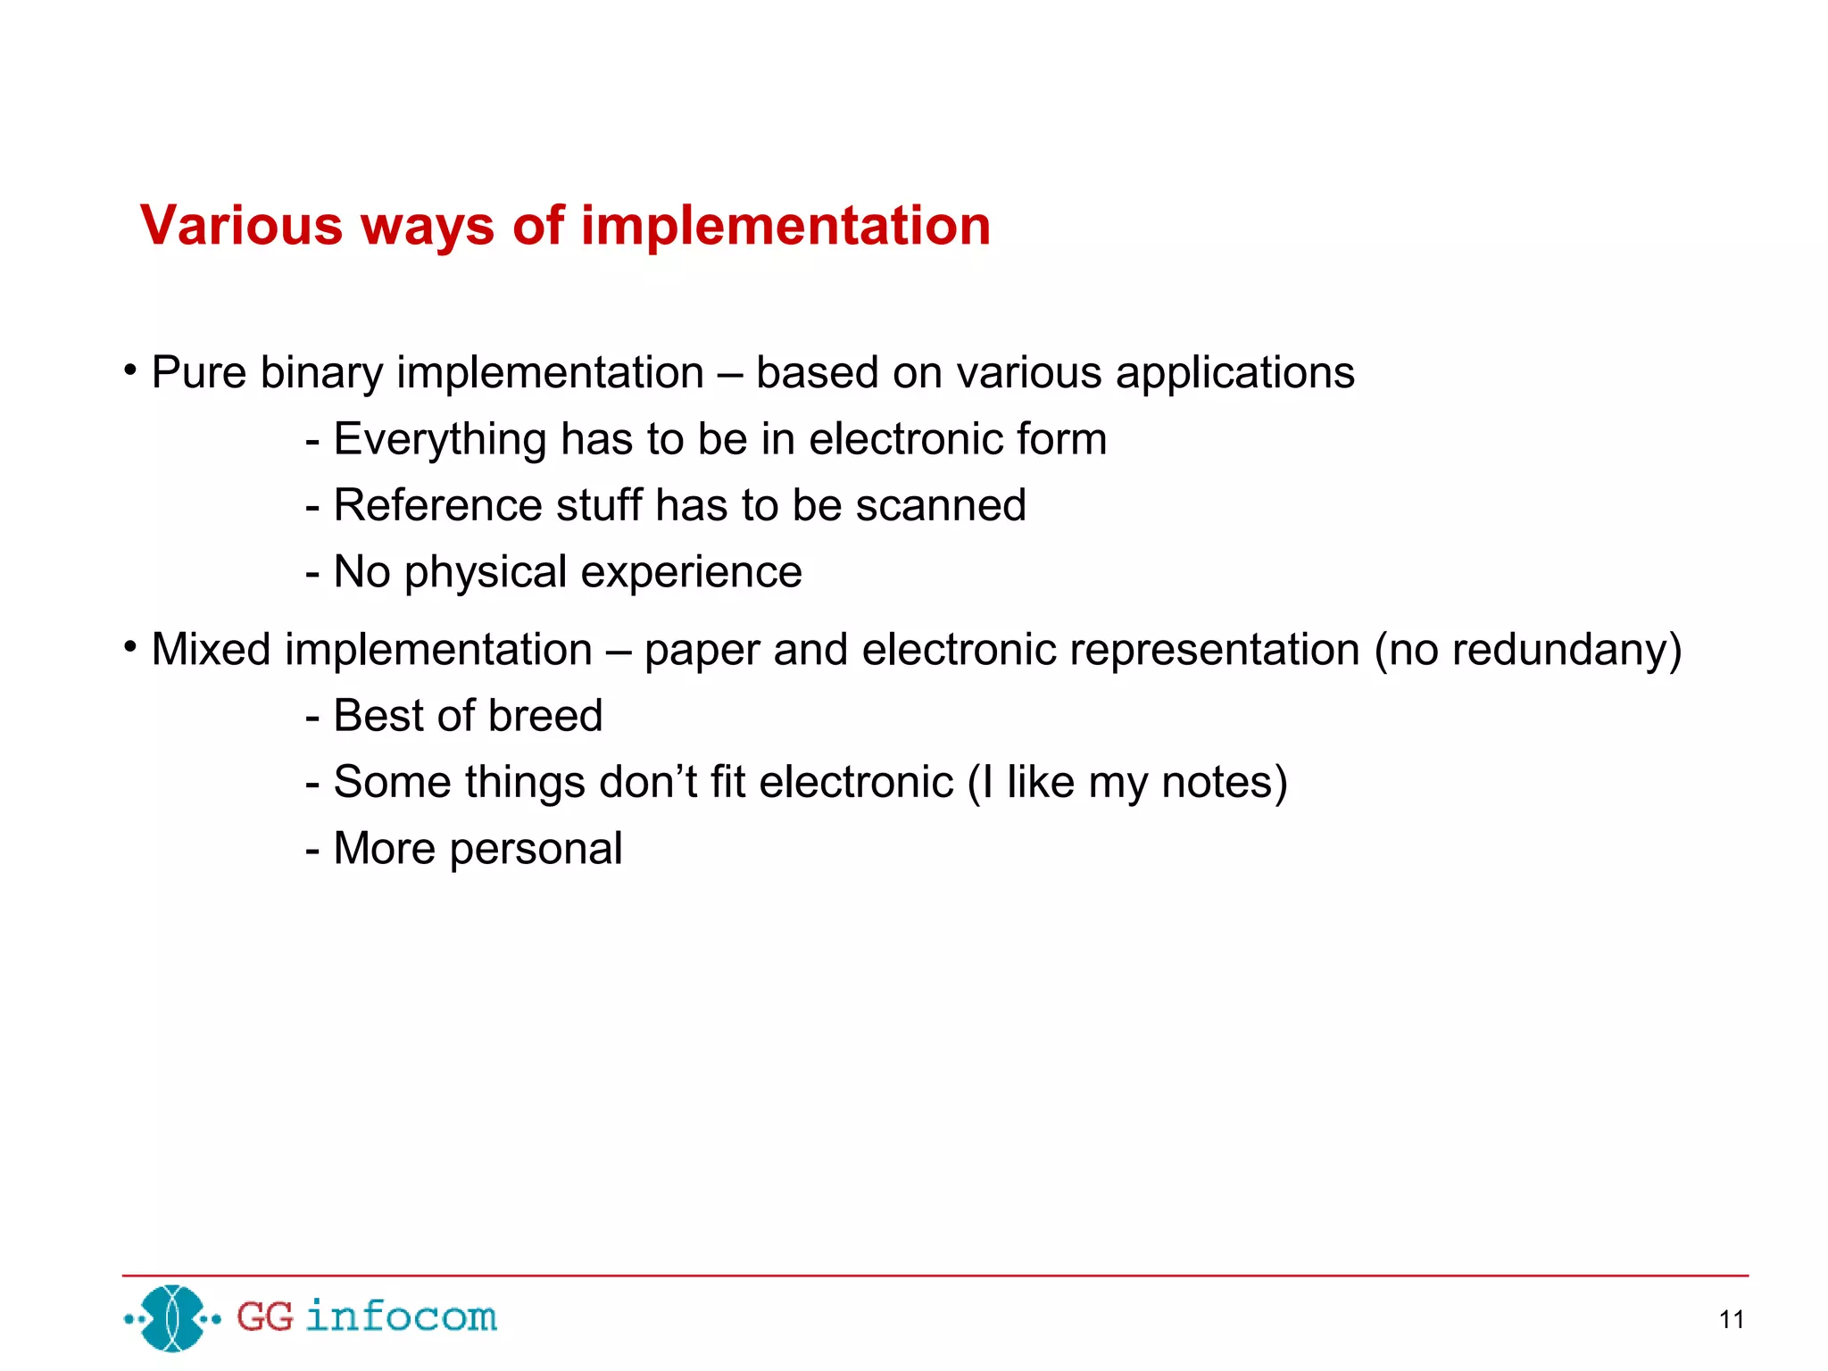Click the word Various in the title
[x=241, y=225]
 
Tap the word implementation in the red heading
[x=785, y=227]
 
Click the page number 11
[x=1731, y=1320]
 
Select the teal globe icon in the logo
[x=173, y=1317]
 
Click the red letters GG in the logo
[x=264, y=1317]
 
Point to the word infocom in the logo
[x=401, y=1317]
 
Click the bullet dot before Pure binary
[x=130, y=369]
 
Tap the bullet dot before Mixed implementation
[x=130, y=645]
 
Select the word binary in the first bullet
[x=321, y=373]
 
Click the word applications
[x=1234, y=373]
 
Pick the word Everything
[x=439, y=440]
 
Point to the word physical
[x=486, y=573]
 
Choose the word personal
[x=536, y=850]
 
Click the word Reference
[x=437, y=505]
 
